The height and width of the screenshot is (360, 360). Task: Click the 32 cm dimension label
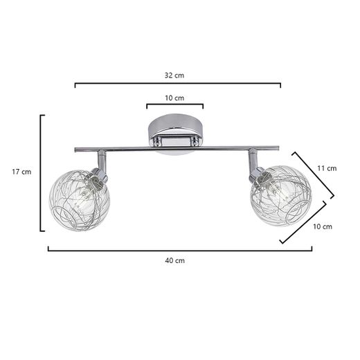point(174,74)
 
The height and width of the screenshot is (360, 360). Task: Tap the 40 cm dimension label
point(174,260)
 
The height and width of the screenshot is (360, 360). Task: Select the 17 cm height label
point(21,171)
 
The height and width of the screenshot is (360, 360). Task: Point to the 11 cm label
point(326,168)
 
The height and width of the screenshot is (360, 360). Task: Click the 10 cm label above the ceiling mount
point(174,98)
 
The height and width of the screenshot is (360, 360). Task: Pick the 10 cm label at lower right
point(322,226)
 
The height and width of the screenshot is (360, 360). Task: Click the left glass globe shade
point(80,200)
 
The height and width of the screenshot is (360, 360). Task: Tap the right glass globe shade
point(280,195)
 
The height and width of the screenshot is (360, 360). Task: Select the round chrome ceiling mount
point(174,135)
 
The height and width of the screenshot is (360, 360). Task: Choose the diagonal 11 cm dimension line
point(313,174)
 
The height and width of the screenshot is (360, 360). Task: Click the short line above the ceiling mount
point(174,106)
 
